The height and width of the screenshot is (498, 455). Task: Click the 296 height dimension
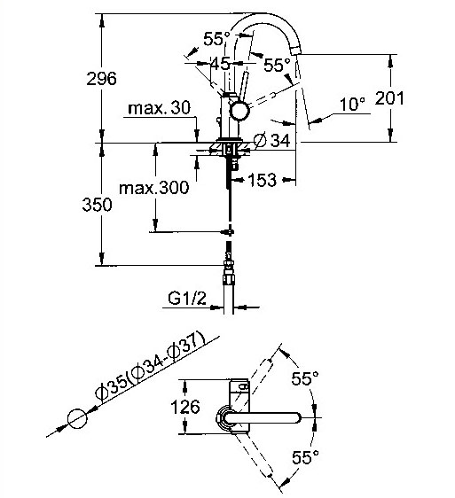tap(101, 79)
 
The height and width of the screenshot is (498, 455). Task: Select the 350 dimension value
tap(97, 204)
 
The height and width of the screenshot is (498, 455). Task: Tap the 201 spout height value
tap(389, 98)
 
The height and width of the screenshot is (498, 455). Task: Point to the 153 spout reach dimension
tap(263, 180)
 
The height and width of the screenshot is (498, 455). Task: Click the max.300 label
tap(154, 188)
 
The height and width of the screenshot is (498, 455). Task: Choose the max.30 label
tap(159, 108)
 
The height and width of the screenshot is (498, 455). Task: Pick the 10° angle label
tap(352, 104)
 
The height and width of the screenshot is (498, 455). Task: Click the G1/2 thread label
tap(187, 299)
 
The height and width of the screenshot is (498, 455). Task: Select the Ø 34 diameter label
tap(272, 140)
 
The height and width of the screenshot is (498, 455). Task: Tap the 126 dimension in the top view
tap(185, 407)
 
